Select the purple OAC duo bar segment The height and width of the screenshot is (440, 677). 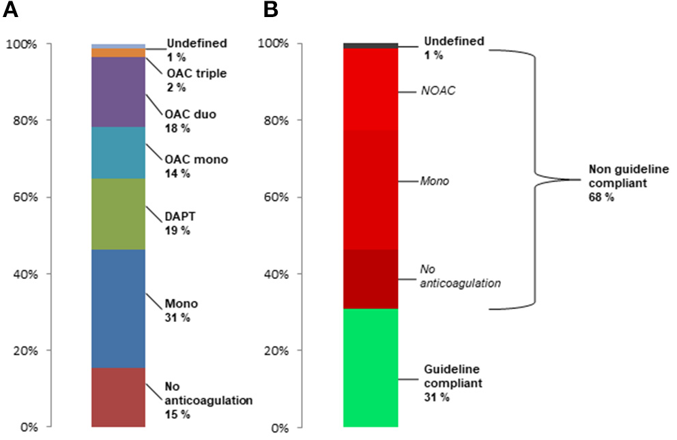118,92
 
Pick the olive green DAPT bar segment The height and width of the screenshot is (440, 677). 118,214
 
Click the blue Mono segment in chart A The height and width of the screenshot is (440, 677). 118,309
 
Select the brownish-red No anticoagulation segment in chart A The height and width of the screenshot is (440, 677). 118,398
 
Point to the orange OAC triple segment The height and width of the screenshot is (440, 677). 118,53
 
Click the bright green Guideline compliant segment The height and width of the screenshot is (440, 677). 370,368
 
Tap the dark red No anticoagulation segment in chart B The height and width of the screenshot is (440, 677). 370,279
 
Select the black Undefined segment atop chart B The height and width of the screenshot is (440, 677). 370,46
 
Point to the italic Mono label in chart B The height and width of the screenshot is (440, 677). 434,181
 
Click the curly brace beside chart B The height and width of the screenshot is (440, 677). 535,179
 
